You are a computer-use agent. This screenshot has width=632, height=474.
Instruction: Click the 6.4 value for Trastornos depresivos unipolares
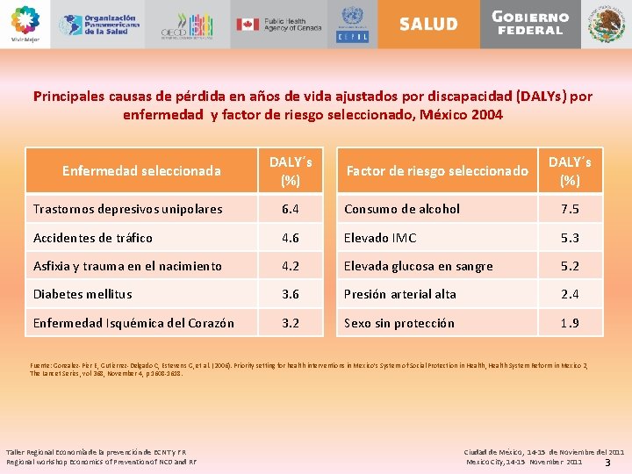click(290, 209)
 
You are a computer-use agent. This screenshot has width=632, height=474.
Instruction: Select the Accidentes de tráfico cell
click(92, 238)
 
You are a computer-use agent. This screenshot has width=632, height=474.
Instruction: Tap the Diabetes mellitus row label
click(83, 294)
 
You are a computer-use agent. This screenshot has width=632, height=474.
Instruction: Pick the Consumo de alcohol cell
click(402, 209)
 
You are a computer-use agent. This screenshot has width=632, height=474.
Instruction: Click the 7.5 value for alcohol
click(570, 209)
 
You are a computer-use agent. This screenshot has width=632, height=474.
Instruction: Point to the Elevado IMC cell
click(380, 238)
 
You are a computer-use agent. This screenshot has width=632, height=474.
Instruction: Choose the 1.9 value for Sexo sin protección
click(570, 323)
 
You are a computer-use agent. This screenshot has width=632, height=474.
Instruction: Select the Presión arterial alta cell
click(400, 294)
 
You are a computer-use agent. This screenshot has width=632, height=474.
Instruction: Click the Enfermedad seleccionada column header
click(141, 170)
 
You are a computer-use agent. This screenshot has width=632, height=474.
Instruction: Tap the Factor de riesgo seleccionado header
click(437, 170)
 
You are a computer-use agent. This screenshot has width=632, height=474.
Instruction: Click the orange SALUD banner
click(428, 24)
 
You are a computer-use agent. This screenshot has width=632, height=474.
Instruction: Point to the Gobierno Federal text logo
click(529, 23)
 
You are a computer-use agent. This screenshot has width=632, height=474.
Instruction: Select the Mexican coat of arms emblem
click(607, 24)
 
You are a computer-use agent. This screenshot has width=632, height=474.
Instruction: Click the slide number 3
click(607, 462)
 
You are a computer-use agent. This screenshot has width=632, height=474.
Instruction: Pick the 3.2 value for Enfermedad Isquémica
click(290, 323)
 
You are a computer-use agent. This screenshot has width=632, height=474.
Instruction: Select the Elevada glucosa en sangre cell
click(419, 266)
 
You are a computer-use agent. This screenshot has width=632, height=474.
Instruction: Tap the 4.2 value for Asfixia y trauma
click(290, 266)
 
